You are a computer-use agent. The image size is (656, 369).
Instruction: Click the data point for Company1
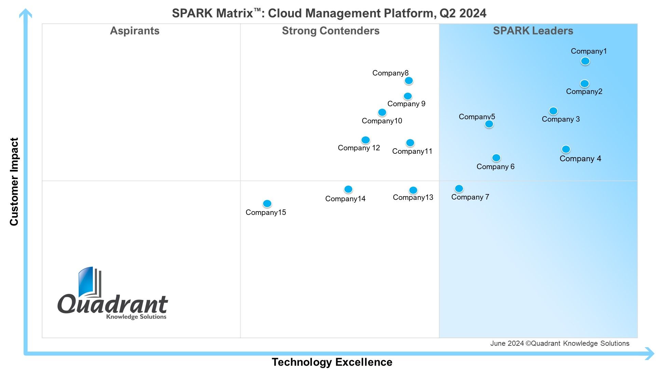coord(585,61)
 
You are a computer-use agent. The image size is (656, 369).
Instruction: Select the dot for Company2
coord(585,83)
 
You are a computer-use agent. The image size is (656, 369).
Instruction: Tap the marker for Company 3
coord(553,111)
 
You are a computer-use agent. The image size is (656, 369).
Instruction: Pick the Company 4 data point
coord(566,149)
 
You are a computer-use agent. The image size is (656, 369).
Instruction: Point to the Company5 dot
coord(489,124)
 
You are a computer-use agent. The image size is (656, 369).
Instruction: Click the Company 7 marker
coord(459,189)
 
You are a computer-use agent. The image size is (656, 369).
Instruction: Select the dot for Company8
coord(409,81)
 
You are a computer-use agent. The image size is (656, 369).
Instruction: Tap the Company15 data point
coord(267,204)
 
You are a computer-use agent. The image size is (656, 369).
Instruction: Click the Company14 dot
coord(348,189)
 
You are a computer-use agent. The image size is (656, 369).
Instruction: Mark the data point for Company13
coord(413,190)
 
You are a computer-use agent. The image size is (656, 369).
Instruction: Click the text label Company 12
coord(359,148)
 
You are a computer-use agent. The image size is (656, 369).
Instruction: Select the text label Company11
coord(412,151)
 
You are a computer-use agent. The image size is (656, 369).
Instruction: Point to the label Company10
coord(382,121)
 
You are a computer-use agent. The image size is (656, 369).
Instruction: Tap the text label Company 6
coord(495,167)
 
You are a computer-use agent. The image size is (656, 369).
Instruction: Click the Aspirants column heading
coord(135,31)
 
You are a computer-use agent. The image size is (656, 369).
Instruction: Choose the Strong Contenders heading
coord(331,31)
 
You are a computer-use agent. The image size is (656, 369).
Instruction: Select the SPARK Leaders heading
coord(533,31)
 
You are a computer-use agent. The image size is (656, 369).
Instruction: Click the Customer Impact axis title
coord(14,182)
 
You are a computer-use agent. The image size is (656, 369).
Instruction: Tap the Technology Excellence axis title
coord(332,362)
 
